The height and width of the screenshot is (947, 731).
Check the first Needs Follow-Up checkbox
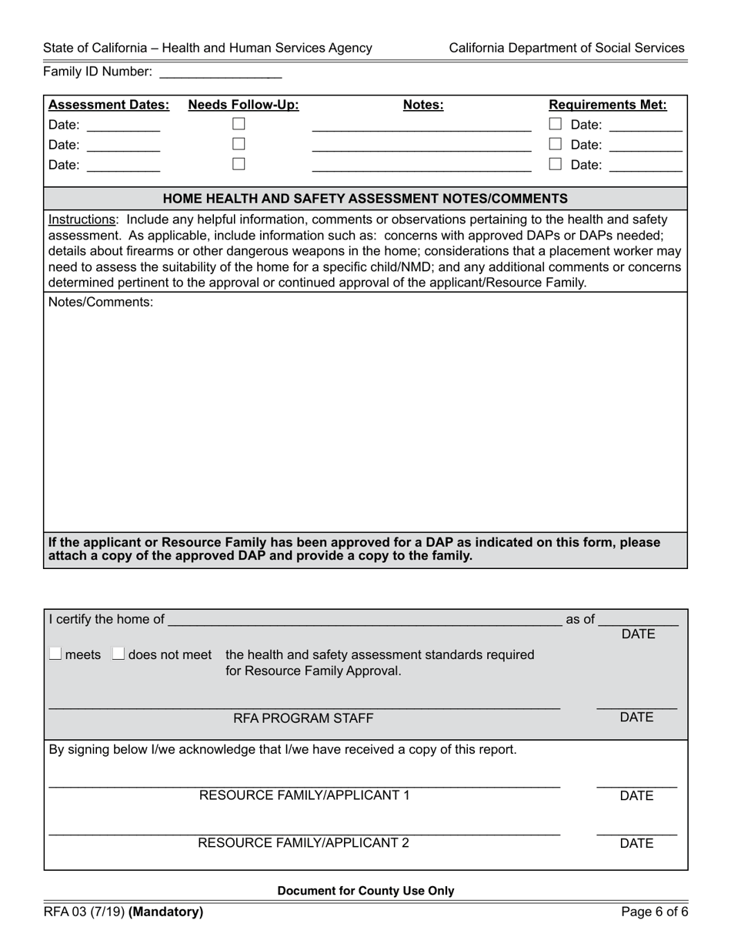239,124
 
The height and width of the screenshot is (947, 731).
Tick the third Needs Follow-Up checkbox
239,164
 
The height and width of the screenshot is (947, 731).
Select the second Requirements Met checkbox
555,144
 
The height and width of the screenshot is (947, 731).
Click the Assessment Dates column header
108,105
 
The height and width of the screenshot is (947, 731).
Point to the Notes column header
423,105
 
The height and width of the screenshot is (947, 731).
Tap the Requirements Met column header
607,105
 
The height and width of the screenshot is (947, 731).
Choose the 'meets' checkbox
55,654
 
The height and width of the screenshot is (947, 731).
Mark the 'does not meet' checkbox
118,654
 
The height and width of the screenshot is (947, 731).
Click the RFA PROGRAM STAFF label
303,718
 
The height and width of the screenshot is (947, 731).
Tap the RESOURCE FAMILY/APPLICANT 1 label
304,795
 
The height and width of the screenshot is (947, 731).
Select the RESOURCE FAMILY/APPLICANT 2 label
304,843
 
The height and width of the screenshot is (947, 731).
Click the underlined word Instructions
82,219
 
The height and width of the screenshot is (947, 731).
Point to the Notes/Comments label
101,303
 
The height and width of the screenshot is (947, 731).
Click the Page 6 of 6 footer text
655,912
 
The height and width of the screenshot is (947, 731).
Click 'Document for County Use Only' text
365,891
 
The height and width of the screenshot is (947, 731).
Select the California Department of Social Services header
566,48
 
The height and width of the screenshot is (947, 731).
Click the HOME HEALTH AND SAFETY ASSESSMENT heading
365,199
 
